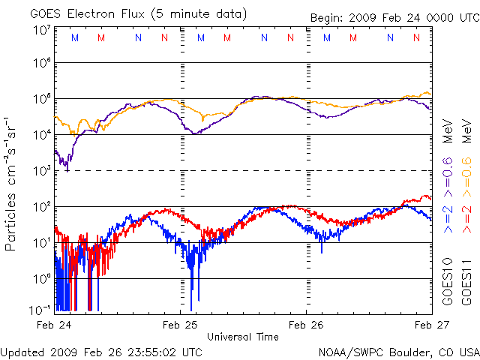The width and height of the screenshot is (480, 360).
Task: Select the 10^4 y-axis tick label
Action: coord(41,134)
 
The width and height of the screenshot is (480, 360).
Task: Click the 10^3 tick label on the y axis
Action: coord(41,170)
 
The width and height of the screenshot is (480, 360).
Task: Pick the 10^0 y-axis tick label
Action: coord(41,278)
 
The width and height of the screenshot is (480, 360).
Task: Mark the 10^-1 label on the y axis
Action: coord(41,307)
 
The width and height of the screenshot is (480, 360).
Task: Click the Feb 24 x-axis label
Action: coord(54,325)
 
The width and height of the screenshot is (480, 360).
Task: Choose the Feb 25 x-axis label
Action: coord(180,325)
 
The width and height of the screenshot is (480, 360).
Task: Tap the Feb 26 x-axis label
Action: coord(306,325)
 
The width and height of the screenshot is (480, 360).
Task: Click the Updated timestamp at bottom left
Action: coord(101,351)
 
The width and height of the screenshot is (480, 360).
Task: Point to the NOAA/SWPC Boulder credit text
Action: coord(398,351)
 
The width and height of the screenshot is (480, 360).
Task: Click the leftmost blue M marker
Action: coord(74,37)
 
